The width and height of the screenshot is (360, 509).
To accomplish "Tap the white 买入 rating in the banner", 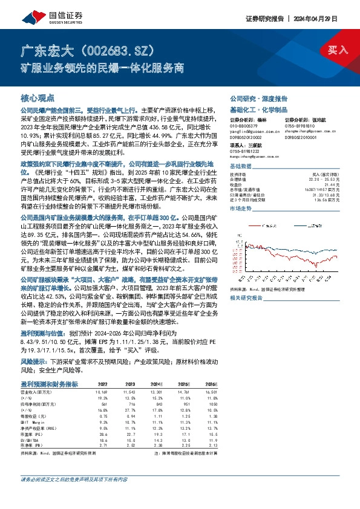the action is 337,50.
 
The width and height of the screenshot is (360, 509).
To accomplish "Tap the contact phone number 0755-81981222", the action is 244,152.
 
